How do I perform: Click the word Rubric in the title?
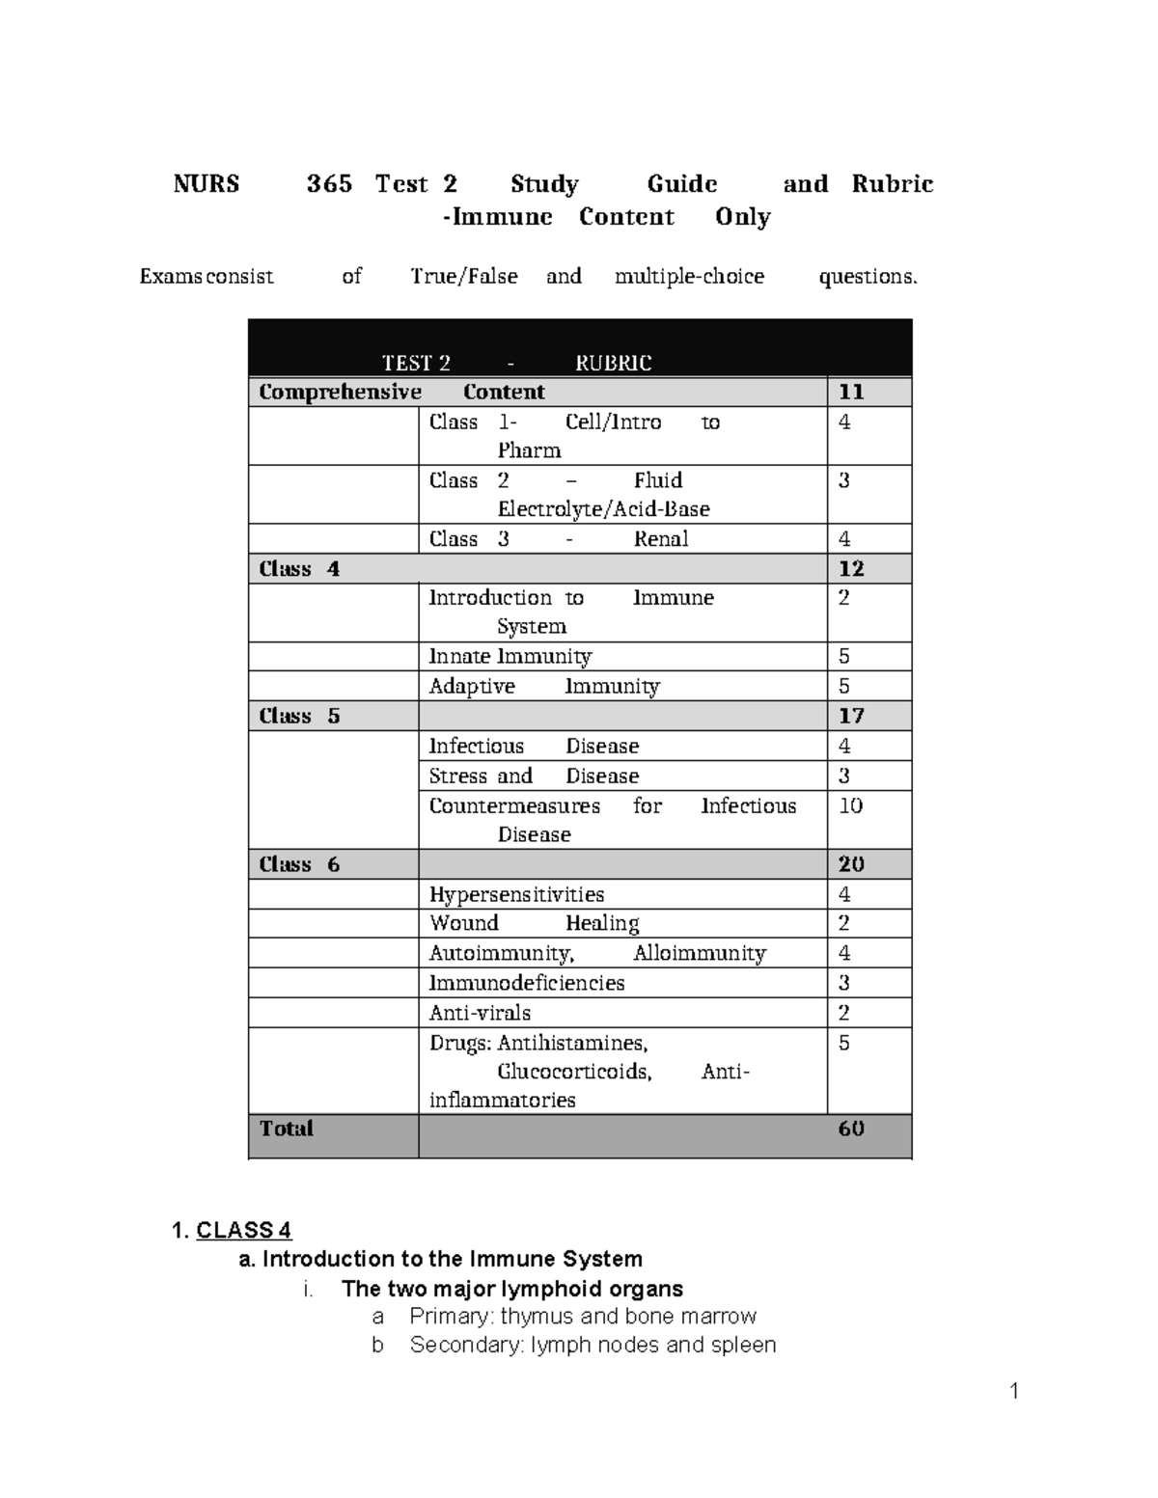click(892, 184)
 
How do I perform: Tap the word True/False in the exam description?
click(464, 277)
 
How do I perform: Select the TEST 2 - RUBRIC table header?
click(516, 363)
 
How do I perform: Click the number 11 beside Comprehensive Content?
click(851, 392)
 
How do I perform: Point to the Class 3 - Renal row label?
click(559, 539)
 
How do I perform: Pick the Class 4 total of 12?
click(851, 569)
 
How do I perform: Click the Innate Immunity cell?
click(510, 657)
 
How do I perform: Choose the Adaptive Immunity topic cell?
click(544, 687)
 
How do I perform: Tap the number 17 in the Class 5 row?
click(851, 716)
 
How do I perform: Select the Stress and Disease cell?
click(534, 776)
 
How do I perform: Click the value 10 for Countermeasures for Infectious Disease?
click(850, 806)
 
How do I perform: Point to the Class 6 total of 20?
click(851, 864)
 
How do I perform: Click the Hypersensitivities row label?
click(516, 895)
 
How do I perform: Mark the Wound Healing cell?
click(534, 924)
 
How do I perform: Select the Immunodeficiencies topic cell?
click(527, 983)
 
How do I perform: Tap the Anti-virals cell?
click(480, 1013)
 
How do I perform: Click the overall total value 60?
click(851, 1129)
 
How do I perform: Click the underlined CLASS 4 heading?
click(243, 1231)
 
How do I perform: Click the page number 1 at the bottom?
click(1014, 1391)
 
